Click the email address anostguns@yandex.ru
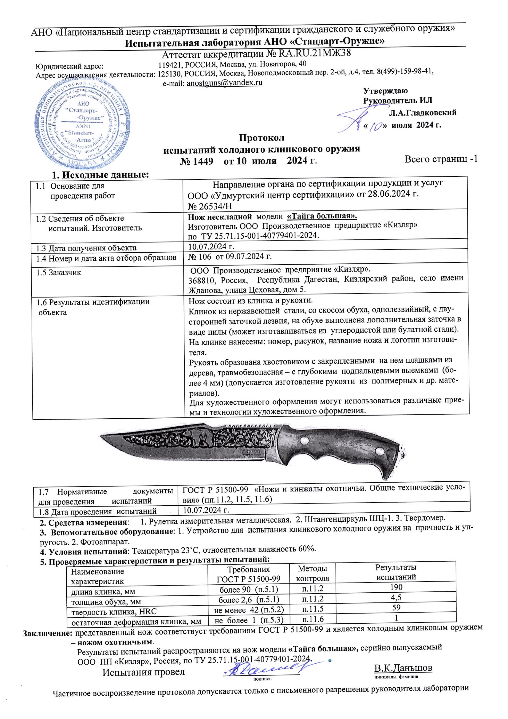224,83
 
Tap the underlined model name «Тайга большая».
322,216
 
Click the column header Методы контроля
313,573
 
